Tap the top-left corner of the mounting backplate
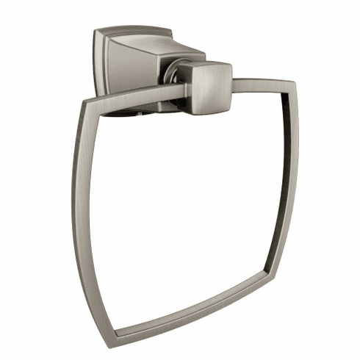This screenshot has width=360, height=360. pos(96,31)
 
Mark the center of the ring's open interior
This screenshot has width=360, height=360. pos(184,206)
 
